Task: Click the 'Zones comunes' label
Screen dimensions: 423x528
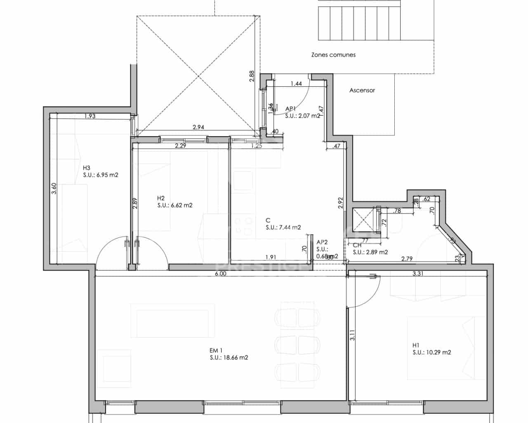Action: click(333, 55)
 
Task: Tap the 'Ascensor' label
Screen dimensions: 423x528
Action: click(362, 90)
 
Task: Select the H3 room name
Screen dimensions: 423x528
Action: click(86, 168)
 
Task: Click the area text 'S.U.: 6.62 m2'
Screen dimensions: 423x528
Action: click(174, 205)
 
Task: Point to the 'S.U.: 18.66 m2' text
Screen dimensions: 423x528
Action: click(229, 358)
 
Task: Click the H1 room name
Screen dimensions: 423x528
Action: click(416, 345)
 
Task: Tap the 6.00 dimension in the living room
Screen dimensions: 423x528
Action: click(221, 273)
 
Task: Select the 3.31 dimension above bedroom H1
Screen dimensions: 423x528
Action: click(418, 273)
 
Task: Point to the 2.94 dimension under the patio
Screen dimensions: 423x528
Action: click(198, 127)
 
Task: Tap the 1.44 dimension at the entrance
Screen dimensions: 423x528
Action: click(296, 84)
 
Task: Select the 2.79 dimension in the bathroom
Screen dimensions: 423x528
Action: click(407, 259)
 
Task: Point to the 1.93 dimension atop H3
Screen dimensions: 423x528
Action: click(90, 116)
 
